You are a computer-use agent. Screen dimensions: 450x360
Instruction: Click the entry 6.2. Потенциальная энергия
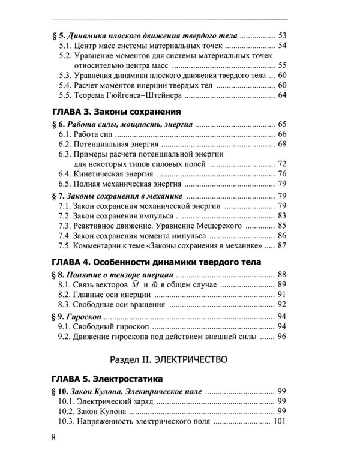coord(108,145)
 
